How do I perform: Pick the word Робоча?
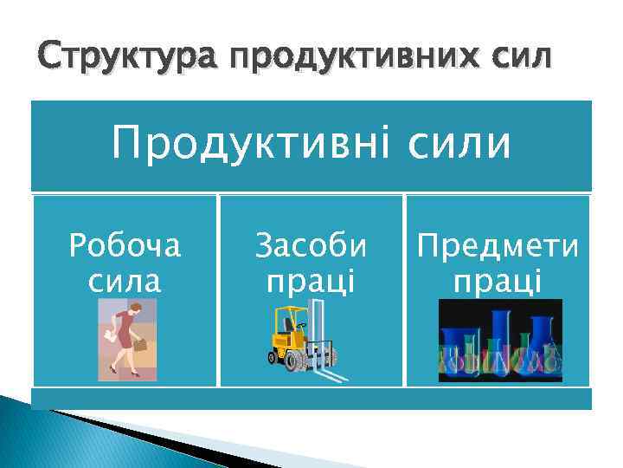coord(125,247)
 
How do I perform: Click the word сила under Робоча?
coord(125,281)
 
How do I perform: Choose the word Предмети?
coord(498,247)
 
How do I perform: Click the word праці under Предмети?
coord(498,281)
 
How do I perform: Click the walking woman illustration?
coord(126,340)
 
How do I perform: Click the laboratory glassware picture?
coord(500,341)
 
